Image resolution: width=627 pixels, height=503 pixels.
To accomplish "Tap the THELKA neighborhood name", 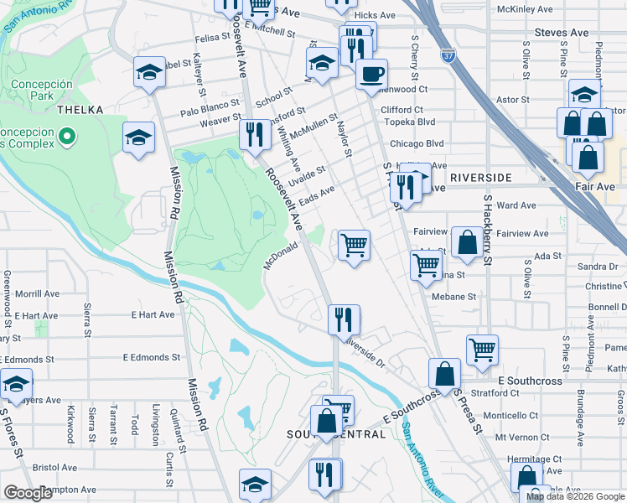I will [80, 110].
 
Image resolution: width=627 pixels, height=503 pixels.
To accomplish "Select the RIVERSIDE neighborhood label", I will [480, 178].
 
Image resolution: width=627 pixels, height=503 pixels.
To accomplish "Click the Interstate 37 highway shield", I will [448, 56].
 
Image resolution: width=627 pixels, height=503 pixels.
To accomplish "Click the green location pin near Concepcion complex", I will [68, 134].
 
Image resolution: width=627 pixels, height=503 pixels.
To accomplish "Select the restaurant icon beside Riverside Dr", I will [344, 319].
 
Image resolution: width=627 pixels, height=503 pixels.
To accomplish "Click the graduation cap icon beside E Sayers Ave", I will [15, 384].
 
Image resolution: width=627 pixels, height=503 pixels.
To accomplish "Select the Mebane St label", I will [453, 297].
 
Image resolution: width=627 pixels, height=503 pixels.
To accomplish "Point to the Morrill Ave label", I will [37, 294].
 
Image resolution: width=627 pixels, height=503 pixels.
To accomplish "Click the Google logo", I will [28, 493].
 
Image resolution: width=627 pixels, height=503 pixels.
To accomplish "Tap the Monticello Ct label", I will [510, 415].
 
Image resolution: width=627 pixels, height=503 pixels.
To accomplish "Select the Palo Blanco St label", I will [210, 111].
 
